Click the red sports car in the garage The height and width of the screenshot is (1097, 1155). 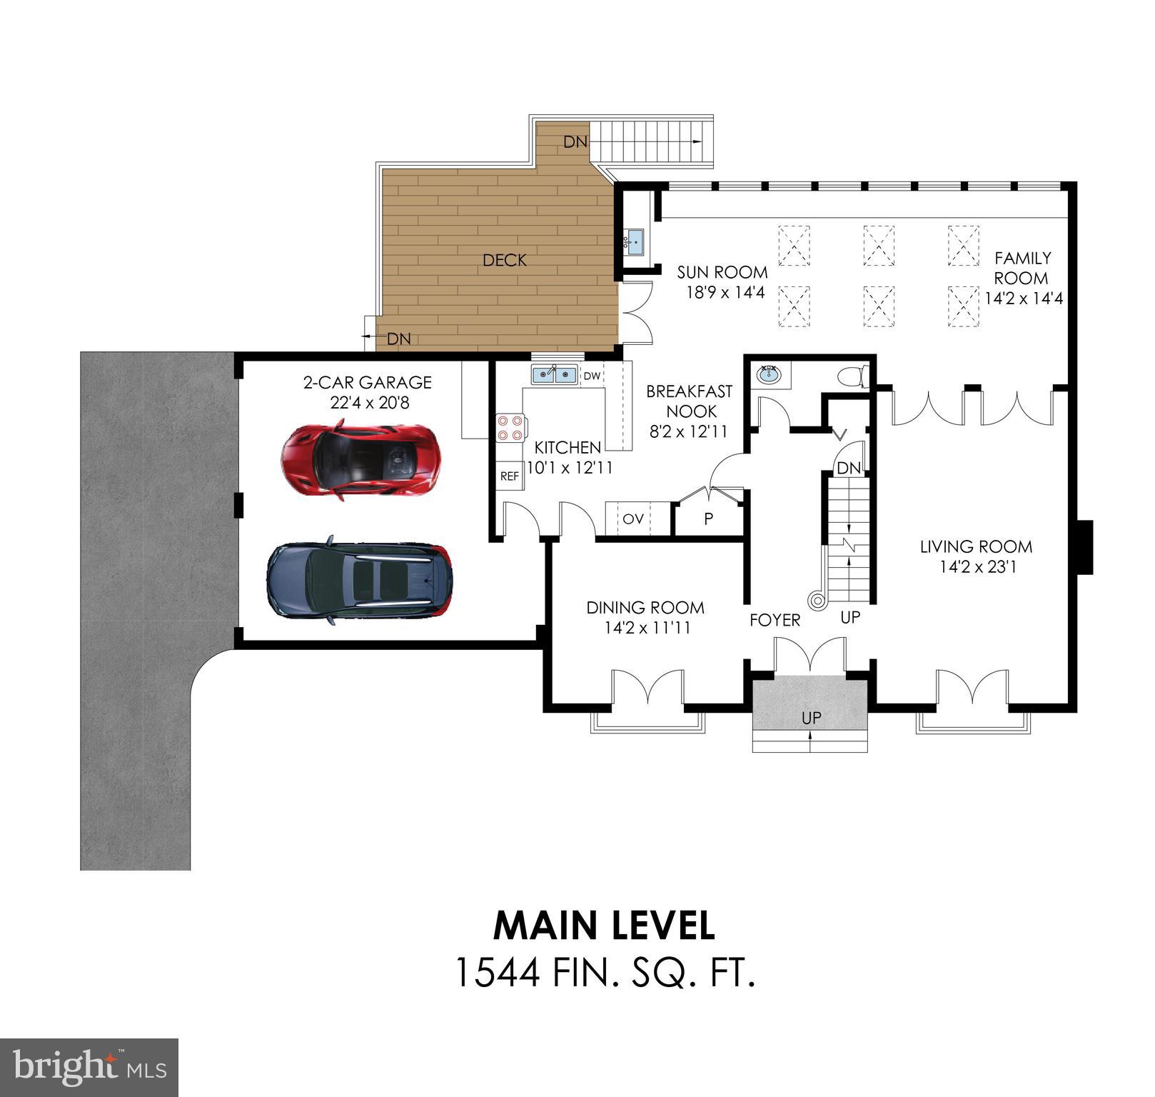click(360, 459)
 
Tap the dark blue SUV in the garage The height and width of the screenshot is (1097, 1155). click(359, 580)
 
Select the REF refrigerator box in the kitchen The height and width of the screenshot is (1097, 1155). click(510, 476)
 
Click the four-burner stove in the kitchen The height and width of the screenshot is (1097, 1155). click(510, 427)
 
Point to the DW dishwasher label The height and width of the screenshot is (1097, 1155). click(592, 376)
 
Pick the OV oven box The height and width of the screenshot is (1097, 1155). click(632, 519)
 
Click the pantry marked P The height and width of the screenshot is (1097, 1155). click(708, 519)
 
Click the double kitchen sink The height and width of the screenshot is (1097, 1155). click(554, 374)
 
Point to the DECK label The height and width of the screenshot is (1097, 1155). click(505, 261)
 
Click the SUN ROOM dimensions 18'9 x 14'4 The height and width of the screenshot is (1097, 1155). click(722, 292)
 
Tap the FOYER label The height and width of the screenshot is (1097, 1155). click(775, 621)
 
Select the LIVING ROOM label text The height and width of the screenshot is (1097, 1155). click(976, 547)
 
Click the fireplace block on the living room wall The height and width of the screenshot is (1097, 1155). click(1084, 546)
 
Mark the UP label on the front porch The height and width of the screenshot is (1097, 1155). click(811, 718)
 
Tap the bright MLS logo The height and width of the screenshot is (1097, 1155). click(89, 1068)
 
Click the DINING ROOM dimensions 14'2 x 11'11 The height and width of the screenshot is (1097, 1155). click(645, 628)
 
